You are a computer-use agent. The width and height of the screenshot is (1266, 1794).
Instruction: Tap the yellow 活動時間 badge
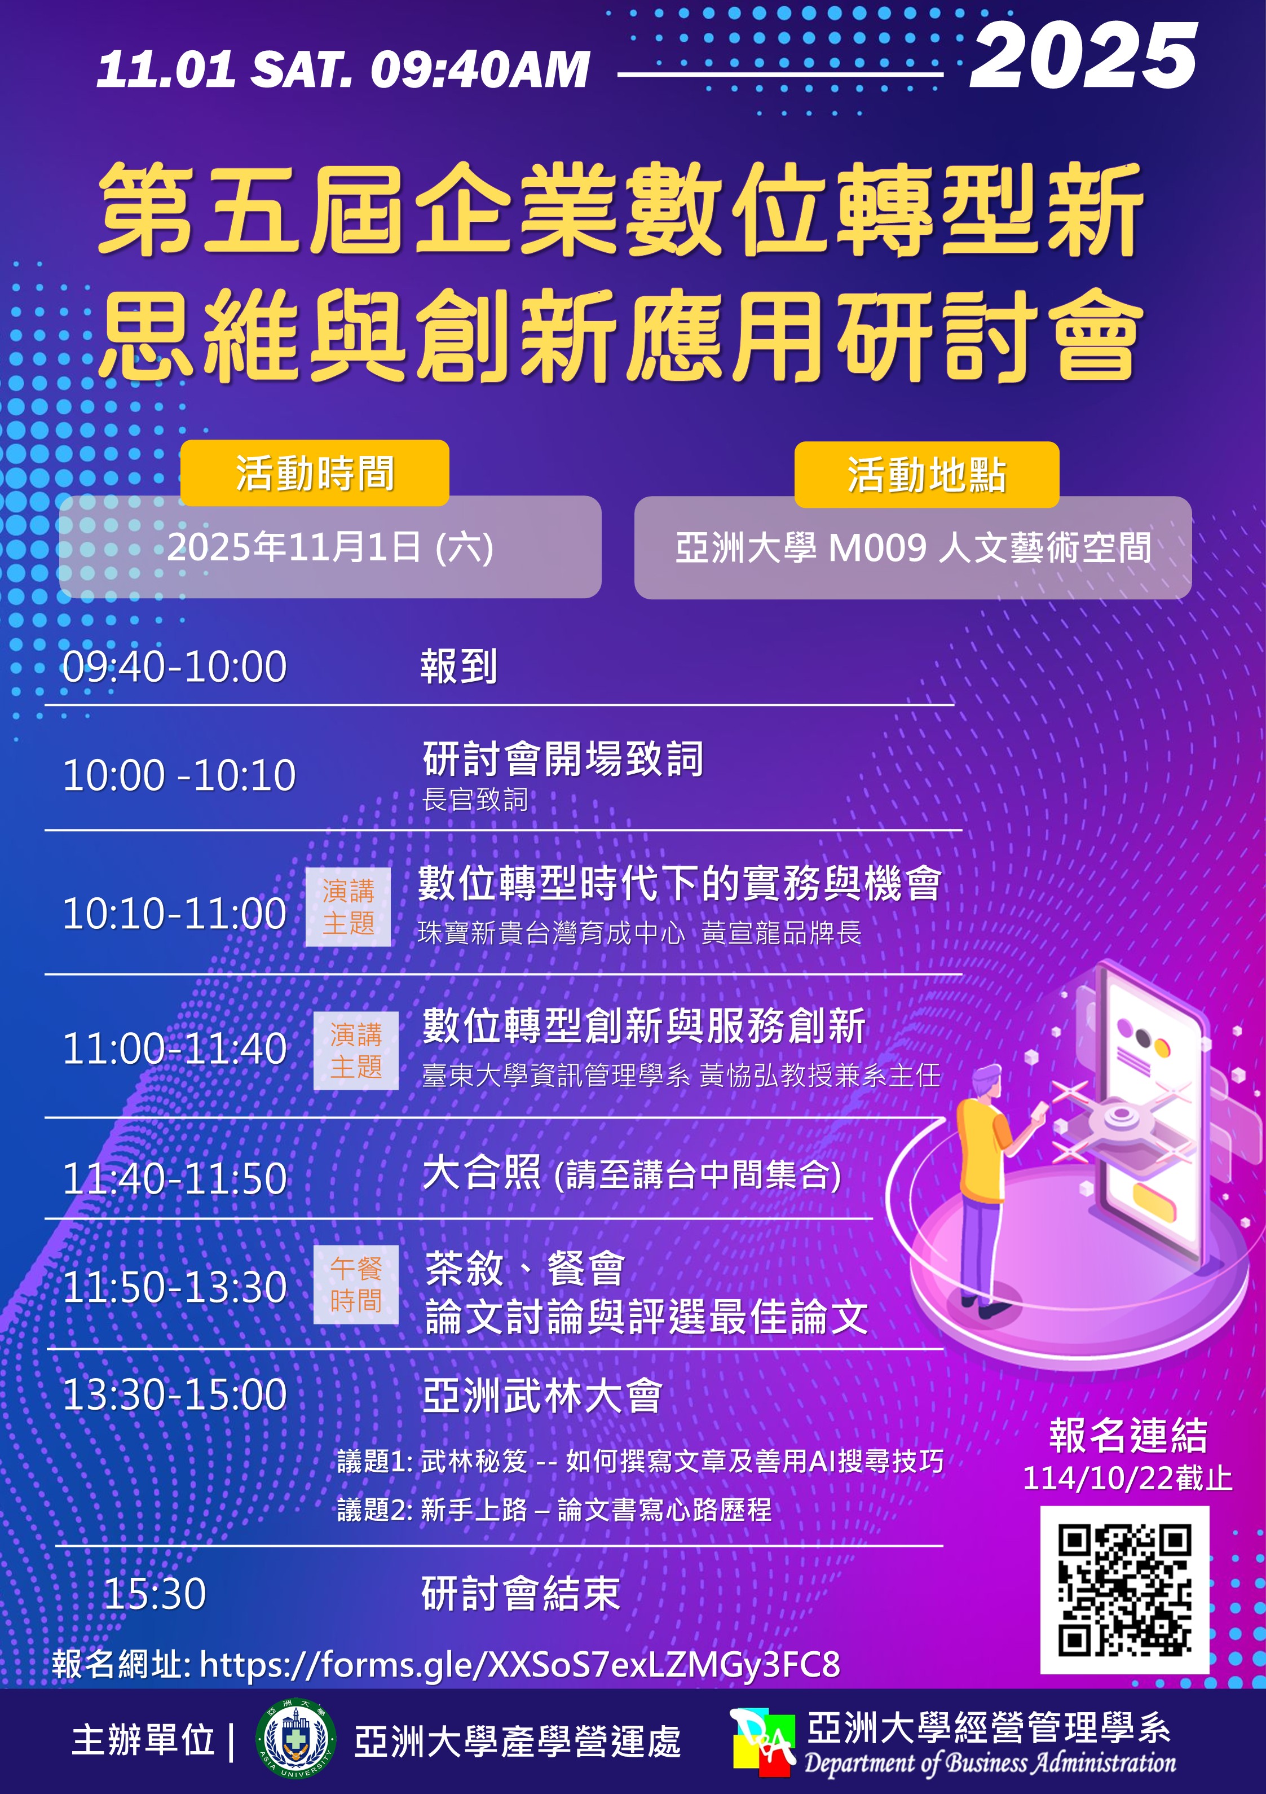[315, 473]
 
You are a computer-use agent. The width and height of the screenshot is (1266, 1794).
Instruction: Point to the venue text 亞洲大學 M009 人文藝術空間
[913, 549]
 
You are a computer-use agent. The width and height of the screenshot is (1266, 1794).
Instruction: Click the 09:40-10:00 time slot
[175, 667]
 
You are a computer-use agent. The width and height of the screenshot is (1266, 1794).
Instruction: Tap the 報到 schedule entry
[458, 667]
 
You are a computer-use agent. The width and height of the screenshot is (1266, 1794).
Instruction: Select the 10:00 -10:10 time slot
[179, 776]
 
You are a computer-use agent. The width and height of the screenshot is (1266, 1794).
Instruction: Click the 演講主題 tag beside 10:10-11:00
[349, 906]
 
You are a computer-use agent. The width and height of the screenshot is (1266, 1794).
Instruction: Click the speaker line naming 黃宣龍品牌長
[639, 933]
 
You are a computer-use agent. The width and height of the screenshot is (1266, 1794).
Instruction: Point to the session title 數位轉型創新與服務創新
[643, 1026]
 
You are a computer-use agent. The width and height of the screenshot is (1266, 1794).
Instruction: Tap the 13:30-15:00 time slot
[175, 1396]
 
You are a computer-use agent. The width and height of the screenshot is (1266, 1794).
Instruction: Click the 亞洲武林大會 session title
[542, 1396]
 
